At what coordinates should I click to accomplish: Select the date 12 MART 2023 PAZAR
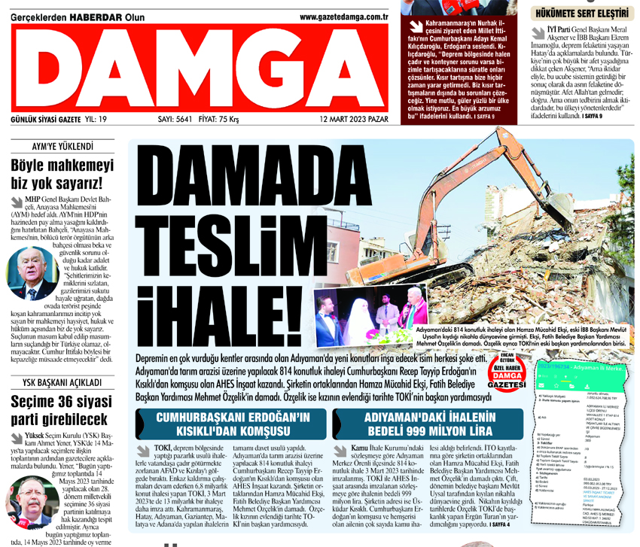point(353,119)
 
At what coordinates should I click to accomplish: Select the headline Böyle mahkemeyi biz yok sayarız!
point(62,174)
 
